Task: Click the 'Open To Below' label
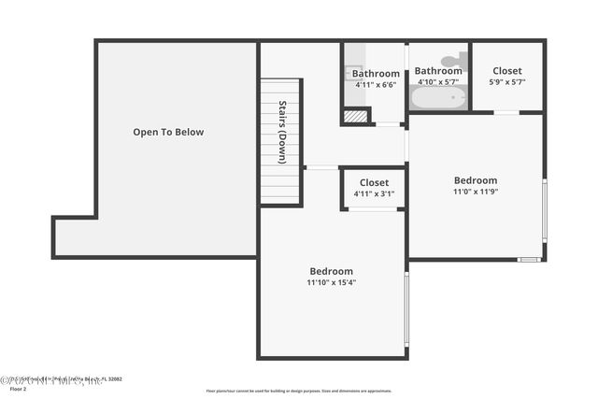click(168, 132)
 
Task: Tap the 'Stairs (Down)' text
click(281, 140)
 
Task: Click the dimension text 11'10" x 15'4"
click(332, 282)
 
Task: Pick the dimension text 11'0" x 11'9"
click(476, 192)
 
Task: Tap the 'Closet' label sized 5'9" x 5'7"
click(507, 70)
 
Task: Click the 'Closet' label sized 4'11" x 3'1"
click(374, 182)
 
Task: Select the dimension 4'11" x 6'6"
click(376, 85)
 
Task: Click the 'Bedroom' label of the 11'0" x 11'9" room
click(476, 180)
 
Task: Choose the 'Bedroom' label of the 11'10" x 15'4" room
click(332, 271)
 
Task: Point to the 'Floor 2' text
click(19, 389)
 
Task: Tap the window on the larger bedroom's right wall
click(406, 308)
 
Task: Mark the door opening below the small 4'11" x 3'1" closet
click(373, 209)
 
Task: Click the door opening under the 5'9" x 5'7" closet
click(506, 112)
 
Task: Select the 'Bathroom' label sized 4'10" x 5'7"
click(438, 70)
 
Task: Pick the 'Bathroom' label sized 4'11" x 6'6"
click(376, 74)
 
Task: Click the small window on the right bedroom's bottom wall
click(529, 259)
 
